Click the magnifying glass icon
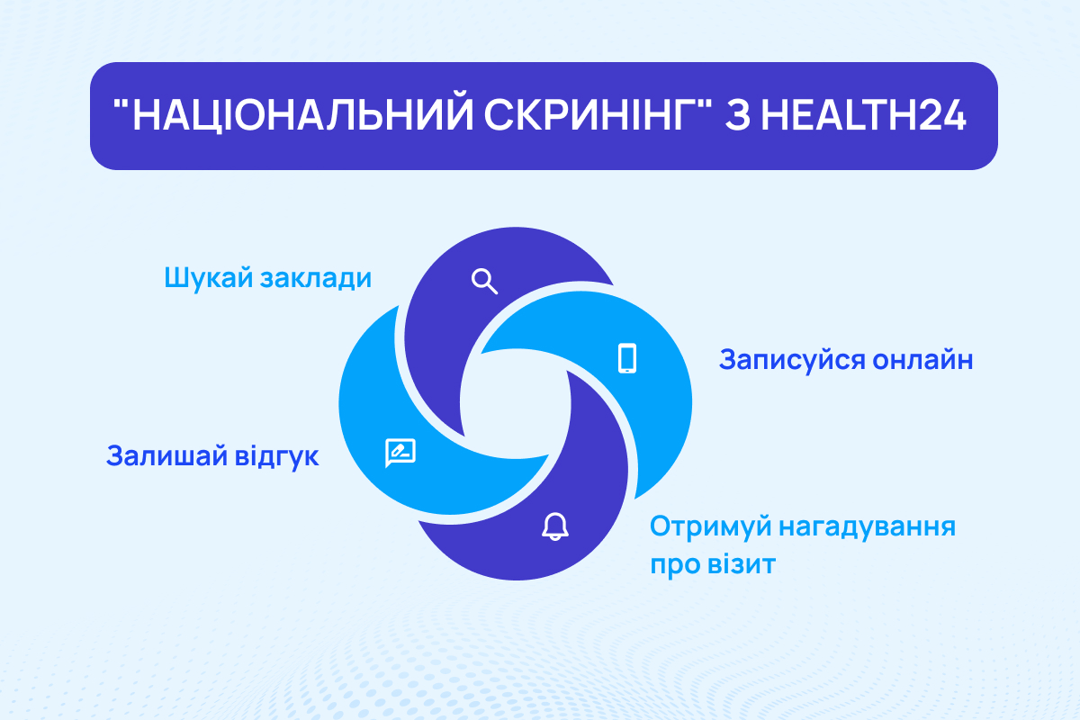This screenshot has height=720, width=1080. [484, 282]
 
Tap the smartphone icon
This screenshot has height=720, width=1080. [627, 357]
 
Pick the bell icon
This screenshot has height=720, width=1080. [555, 526]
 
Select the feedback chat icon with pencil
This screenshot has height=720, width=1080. [400, 453]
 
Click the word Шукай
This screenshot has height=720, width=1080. [207, 278]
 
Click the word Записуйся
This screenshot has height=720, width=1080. [789, 360]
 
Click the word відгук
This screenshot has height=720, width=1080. [277, 455]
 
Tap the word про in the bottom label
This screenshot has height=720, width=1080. [674, 568]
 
